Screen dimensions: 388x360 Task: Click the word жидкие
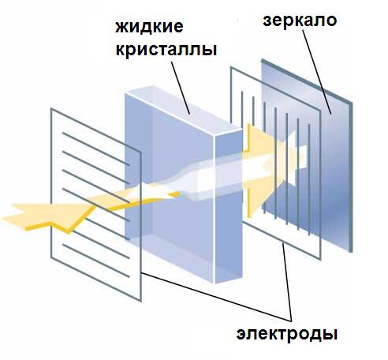point(149,27)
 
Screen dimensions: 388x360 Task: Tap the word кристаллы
point(166,50)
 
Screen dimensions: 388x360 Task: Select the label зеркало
point(300,21)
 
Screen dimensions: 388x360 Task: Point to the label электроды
point(287,335)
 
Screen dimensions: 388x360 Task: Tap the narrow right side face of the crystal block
point(229,207)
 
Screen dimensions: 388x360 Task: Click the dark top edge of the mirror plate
point(307,81)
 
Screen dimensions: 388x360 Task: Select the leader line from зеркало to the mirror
point(317,72)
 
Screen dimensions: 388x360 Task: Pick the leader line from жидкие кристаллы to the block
point(181,88)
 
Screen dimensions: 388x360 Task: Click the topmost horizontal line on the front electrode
point(96,148)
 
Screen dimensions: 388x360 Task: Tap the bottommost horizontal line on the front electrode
point(96,261)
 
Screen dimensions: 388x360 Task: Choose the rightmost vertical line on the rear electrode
point(309,179)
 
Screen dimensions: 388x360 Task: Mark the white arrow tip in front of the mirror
point(302,157)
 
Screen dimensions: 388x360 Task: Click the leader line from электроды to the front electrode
point(216,297)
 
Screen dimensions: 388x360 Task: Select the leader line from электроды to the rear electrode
point(287,283)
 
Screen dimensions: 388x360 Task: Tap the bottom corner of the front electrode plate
point(140,301)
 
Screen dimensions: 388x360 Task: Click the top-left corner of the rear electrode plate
point(231,67)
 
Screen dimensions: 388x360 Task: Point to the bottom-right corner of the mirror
point(352,252)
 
